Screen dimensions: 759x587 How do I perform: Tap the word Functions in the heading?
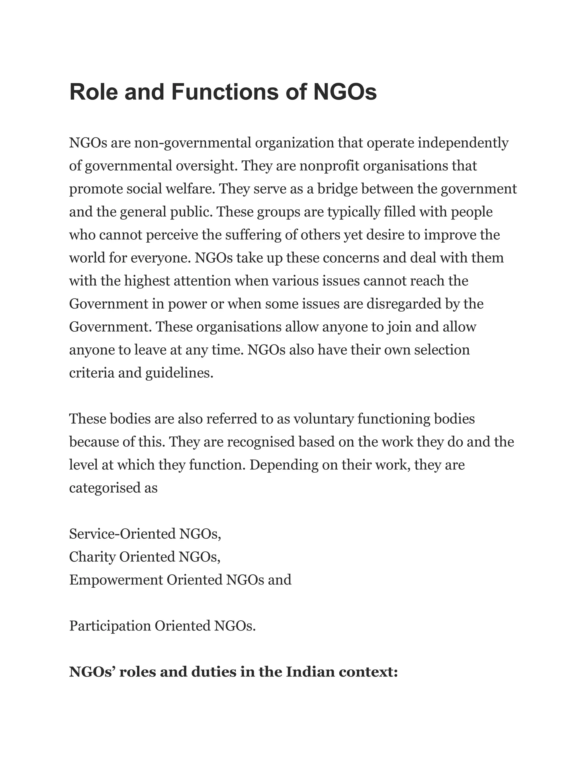[225, 92]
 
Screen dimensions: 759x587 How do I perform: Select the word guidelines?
[179, 373]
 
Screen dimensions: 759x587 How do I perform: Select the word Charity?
[92, 557]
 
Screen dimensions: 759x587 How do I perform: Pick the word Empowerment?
[116, 580]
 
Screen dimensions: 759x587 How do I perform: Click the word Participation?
[109, 626]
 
